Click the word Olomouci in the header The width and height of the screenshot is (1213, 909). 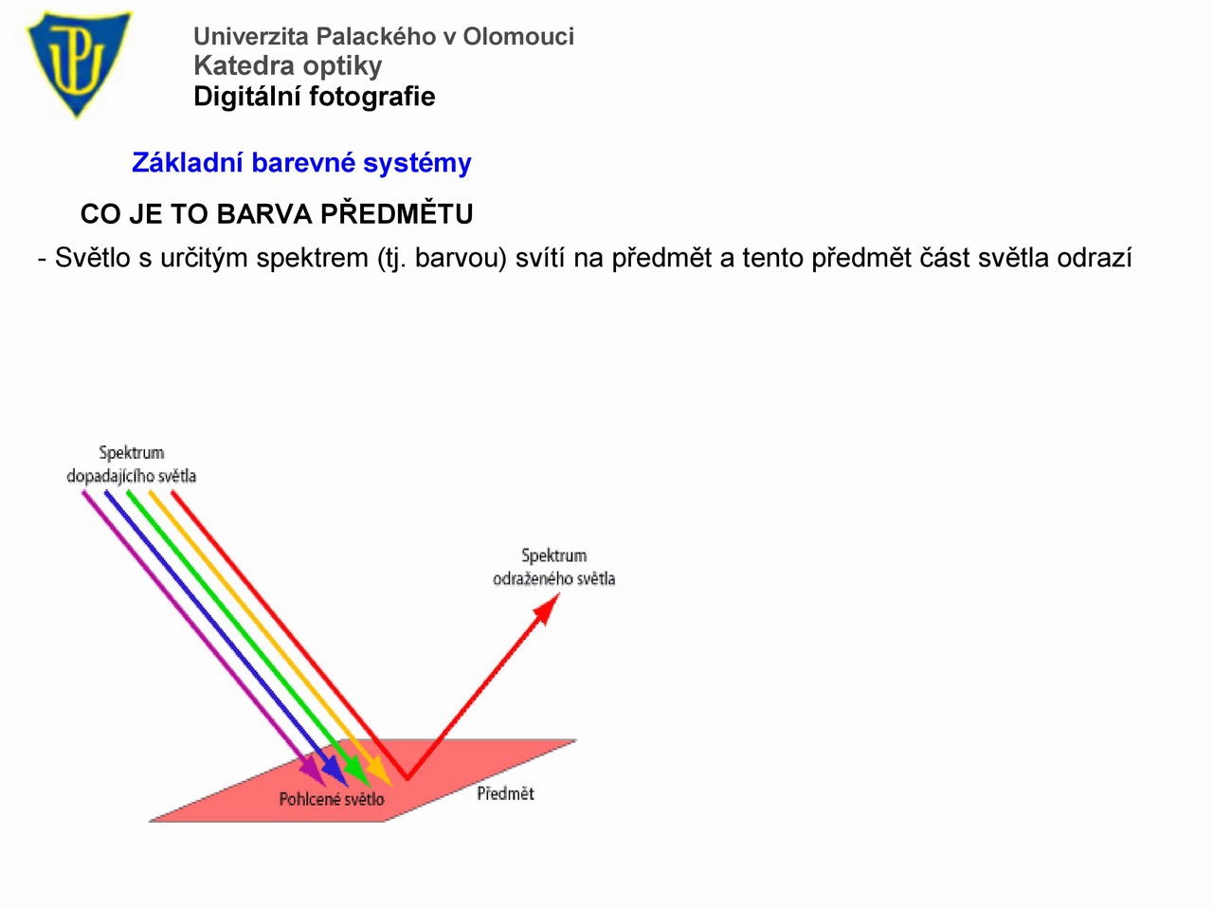(x=518, y=36)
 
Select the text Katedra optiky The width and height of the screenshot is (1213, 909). (x=287, y=66)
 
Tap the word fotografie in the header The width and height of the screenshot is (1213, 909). (x=371, y=97)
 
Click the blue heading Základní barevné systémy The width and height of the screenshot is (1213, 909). (x=301, y=163)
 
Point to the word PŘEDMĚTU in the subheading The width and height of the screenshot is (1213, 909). (x=397, y=213)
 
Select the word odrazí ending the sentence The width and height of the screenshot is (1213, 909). (x=1095, y=258)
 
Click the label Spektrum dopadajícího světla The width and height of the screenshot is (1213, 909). (x=132, y=464)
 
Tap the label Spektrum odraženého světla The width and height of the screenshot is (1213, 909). (x=553, y=567)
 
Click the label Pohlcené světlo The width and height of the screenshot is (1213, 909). (x=332, y=798)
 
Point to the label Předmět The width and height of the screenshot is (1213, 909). (x=505, y=793)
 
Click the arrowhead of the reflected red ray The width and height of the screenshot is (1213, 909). (x=548, y=608)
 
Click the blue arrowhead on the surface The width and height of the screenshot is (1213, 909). (x=335, y=771)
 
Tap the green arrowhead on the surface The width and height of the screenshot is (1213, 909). (x=357, y=771)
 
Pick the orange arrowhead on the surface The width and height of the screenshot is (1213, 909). (x=379, y=771)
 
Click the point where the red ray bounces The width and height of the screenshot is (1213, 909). (x=407, y=778)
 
